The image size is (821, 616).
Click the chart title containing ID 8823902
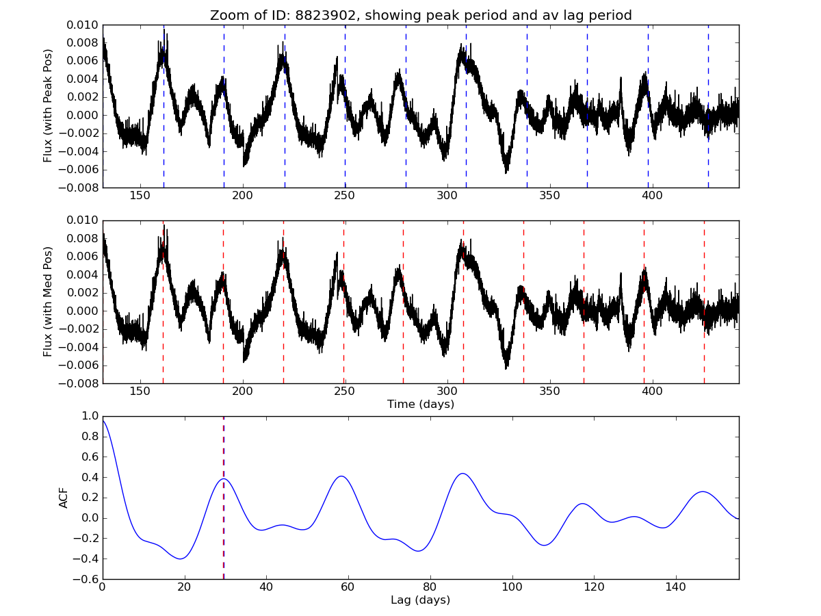click(x=421, y=15)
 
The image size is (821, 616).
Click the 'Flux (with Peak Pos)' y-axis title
click(x=48, y=105)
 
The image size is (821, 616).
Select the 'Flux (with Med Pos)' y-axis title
click(x=48, y=301)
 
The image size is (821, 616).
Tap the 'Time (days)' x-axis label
click(x=421, y=405)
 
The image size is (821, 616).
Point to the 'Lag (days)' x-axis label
click(x=421, y=600)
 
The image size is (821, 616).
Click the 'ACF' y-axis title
click(x=64, y=498)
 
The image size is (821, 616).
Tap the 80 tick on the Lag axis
click(x=430, y=588)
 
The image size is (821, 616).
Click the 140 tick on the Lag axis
click(x=676, y=588)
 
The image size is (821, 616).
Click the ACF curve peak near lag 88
click(x=463, y=473)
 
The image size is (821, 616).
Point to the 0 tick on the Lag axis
click(x=103, y=588)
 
